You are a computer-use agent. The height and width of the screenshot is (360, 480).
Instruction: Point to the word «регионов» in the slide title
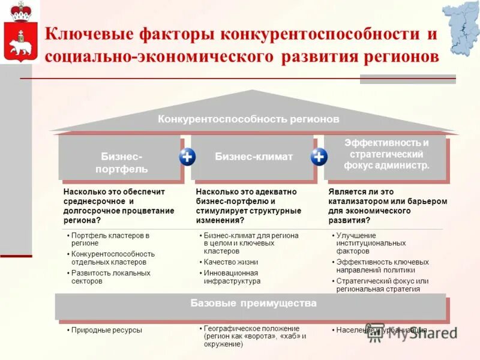click(397, 57)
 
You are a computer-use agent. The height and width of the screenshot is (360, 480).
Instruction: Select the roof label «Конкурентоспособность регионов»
click(248, 119)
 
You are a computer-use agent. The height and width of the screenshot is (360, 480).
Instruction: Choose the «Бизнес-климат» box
click(253, 157)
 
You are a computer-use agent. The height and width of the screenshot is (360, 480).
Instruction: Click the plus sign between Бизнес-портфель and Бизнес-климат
click(187, 157)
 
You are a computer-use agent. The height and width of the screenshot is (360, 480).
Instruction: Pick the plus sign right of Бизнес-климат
click(319, 157)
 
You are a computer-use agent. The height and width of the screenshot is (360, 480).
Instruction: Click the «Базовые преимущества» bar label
click(253, 304)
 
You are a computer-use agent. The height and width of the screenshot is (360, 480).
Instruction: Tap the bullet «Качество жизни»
click(230, 262)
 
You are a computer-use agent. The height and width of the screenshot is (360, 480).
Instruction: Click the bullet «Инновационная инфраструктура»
click(232, 277)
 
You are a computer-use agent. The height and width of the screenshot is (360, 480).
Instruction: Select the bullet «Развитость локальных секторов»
click(110, 277)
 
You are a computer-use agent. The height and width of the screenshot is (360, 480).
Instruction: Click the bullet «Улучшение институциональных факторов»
click(373, 243)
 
